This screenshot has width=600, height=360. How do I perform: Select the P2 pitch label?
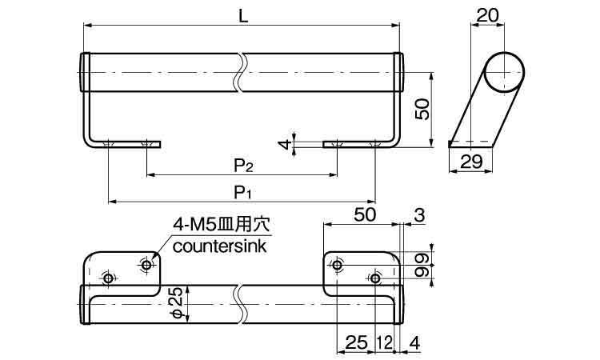coord(244,166)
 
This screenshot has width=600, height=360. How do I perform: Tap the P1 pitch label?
coord(243,193)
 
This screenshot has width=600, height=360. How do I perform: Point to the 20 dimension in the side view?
coord(488,15)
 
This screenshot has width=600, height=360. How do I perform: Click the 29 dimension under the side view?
coord(471,162)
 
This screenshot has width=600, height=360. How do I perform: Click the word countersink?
coord(220,246)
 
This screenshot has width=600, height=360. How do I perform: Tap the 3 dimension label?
coord(419,215)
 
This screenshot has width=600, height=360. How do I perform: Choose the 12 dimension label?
coord(385,342)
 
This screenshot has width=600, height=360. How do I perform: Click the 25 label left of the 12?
coord(356,342)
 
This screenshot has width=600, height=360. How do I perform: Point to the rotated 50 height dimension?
coord(422,109)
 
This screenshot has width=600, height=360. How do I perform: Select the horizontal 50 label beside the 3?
coord(365,214)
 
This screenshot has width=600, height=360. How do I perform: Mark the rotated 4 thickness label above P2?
coord(284,145)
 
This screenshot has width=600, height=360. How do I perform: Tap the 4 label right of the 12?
coord(414,342)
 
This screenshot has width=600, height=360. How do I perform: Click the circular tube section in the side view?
coord(504,72)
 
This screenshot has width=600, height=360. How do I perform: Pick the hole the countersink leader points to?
coord(146,265)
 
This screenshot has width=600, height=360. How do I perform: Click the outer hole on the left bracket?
coord(108,278)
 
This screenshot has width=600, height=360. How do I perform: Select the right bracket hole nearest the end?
coord(375,278)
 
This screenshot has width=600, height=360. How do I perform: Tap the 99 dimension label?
coord(422,265)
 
